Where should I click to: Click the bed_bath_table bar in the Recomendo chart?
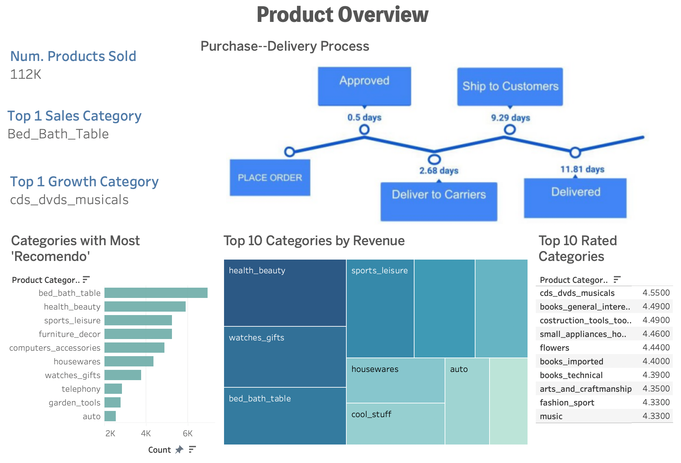[156, 293]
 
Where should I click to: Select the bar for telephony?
[113, 389]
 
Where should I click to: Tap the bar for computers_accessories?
[134, 348]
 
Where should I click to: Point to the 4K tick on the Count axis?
[146, 434]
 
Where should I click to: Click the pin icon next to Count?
[179, 450]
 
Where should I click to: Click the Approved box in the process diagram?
[364, 86]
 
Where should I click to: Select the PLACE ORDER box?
[270, 177]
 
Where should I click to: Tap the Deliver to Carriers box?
[438, 201]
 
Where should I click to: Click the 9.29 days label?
[510, 118]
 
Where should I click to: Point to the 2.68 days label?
[439, 171]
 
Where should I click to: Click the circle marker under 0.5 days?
[364, 129]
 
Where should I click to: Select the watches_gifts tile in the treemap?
[285, 356]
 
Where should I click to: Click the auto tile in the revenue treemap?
[467, 401]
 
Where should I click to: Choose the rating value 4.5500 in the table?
[656, 293]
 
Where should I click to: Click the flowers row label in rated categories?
[554, 348]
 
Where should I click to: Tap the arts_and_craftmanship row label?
[585, 389]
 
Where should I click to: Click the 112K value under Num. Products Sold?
[26, 74]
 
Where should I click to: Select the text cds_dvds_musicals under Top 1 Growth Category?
[69, 200]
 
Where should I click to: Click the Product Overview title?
[342, 15]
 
